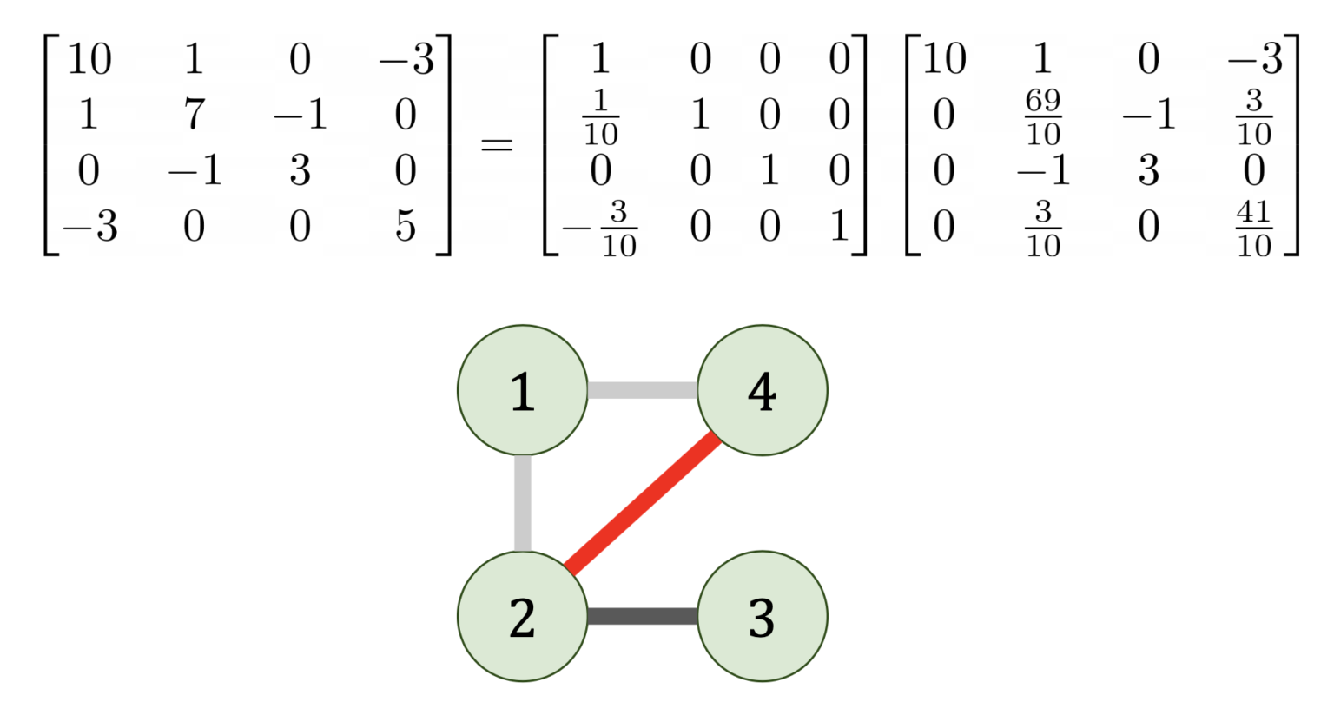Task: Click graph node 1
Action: (522, 390)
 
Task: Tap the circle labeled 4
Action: (762, 390)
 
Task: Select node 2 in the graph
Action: (522, 616)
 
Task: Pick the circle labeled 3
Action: (762, 616)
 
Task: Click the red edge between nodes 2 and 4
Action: (643, 503)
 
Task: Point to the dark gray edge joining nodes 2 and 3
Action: (642, 616)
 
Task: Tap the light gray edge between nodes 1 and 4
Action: (642, 390)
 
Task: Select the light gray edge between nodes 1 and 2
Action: (522, 503)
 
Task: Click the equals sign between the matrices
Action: (497, 143)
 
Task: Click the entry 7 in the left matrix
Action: (194, 115)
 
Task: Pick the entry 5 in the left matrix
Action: (405, 226)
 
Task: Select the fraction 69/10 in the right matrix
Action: (1042, 116)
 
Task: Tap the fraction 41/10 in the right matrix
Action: (1253, 228)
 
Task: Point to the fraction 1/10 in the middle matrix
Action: (600, 116)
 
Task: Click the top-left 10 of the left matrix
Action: (89, 59)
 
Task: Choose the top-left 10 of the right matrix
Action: (944, 59)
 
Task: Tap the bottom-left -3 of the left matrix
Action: (90, 226)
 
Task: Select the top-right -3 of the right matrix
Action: (1255, 59)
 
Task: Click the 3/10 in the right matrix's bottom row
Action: (1042, 228)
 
